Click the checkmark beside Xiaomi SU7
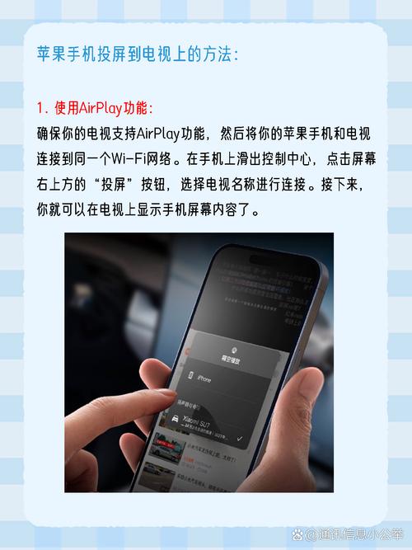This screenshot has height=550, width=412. pos(238,439)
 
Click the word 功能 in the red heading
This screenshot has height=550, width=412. pos(138,109)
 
